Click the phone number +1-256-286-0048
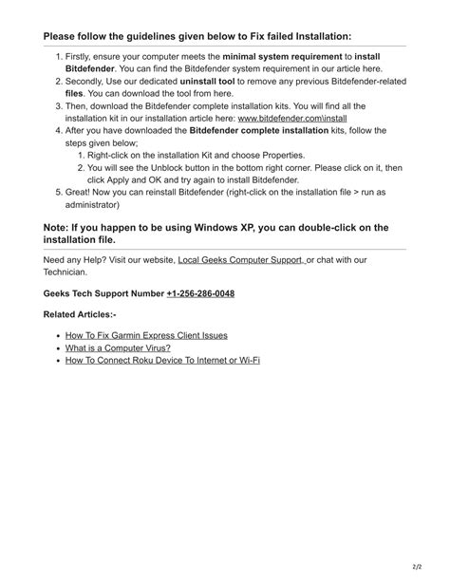pos(200,293)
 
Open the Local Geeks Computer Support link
pos(241,259)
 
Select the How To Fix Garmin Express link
pos(146,335)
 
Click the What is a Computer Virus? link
pos(118,347)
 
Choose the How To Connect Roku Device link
pos(162,360)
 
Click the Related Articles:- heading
pos(80,314)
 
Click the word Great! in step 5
pos(81,193)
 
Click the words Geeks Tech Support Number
pos(103,293)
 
